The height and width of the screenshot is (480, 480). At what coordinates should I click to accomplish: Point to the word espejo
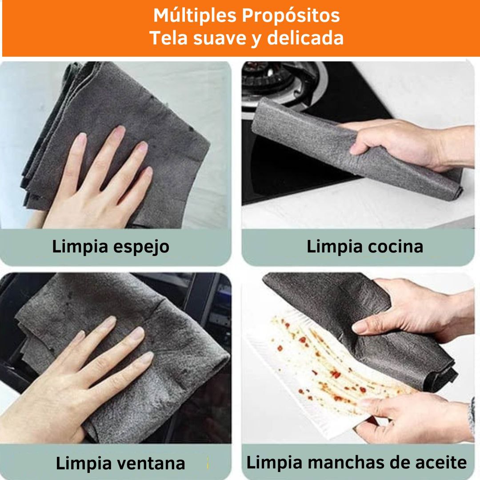(141, 247)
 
